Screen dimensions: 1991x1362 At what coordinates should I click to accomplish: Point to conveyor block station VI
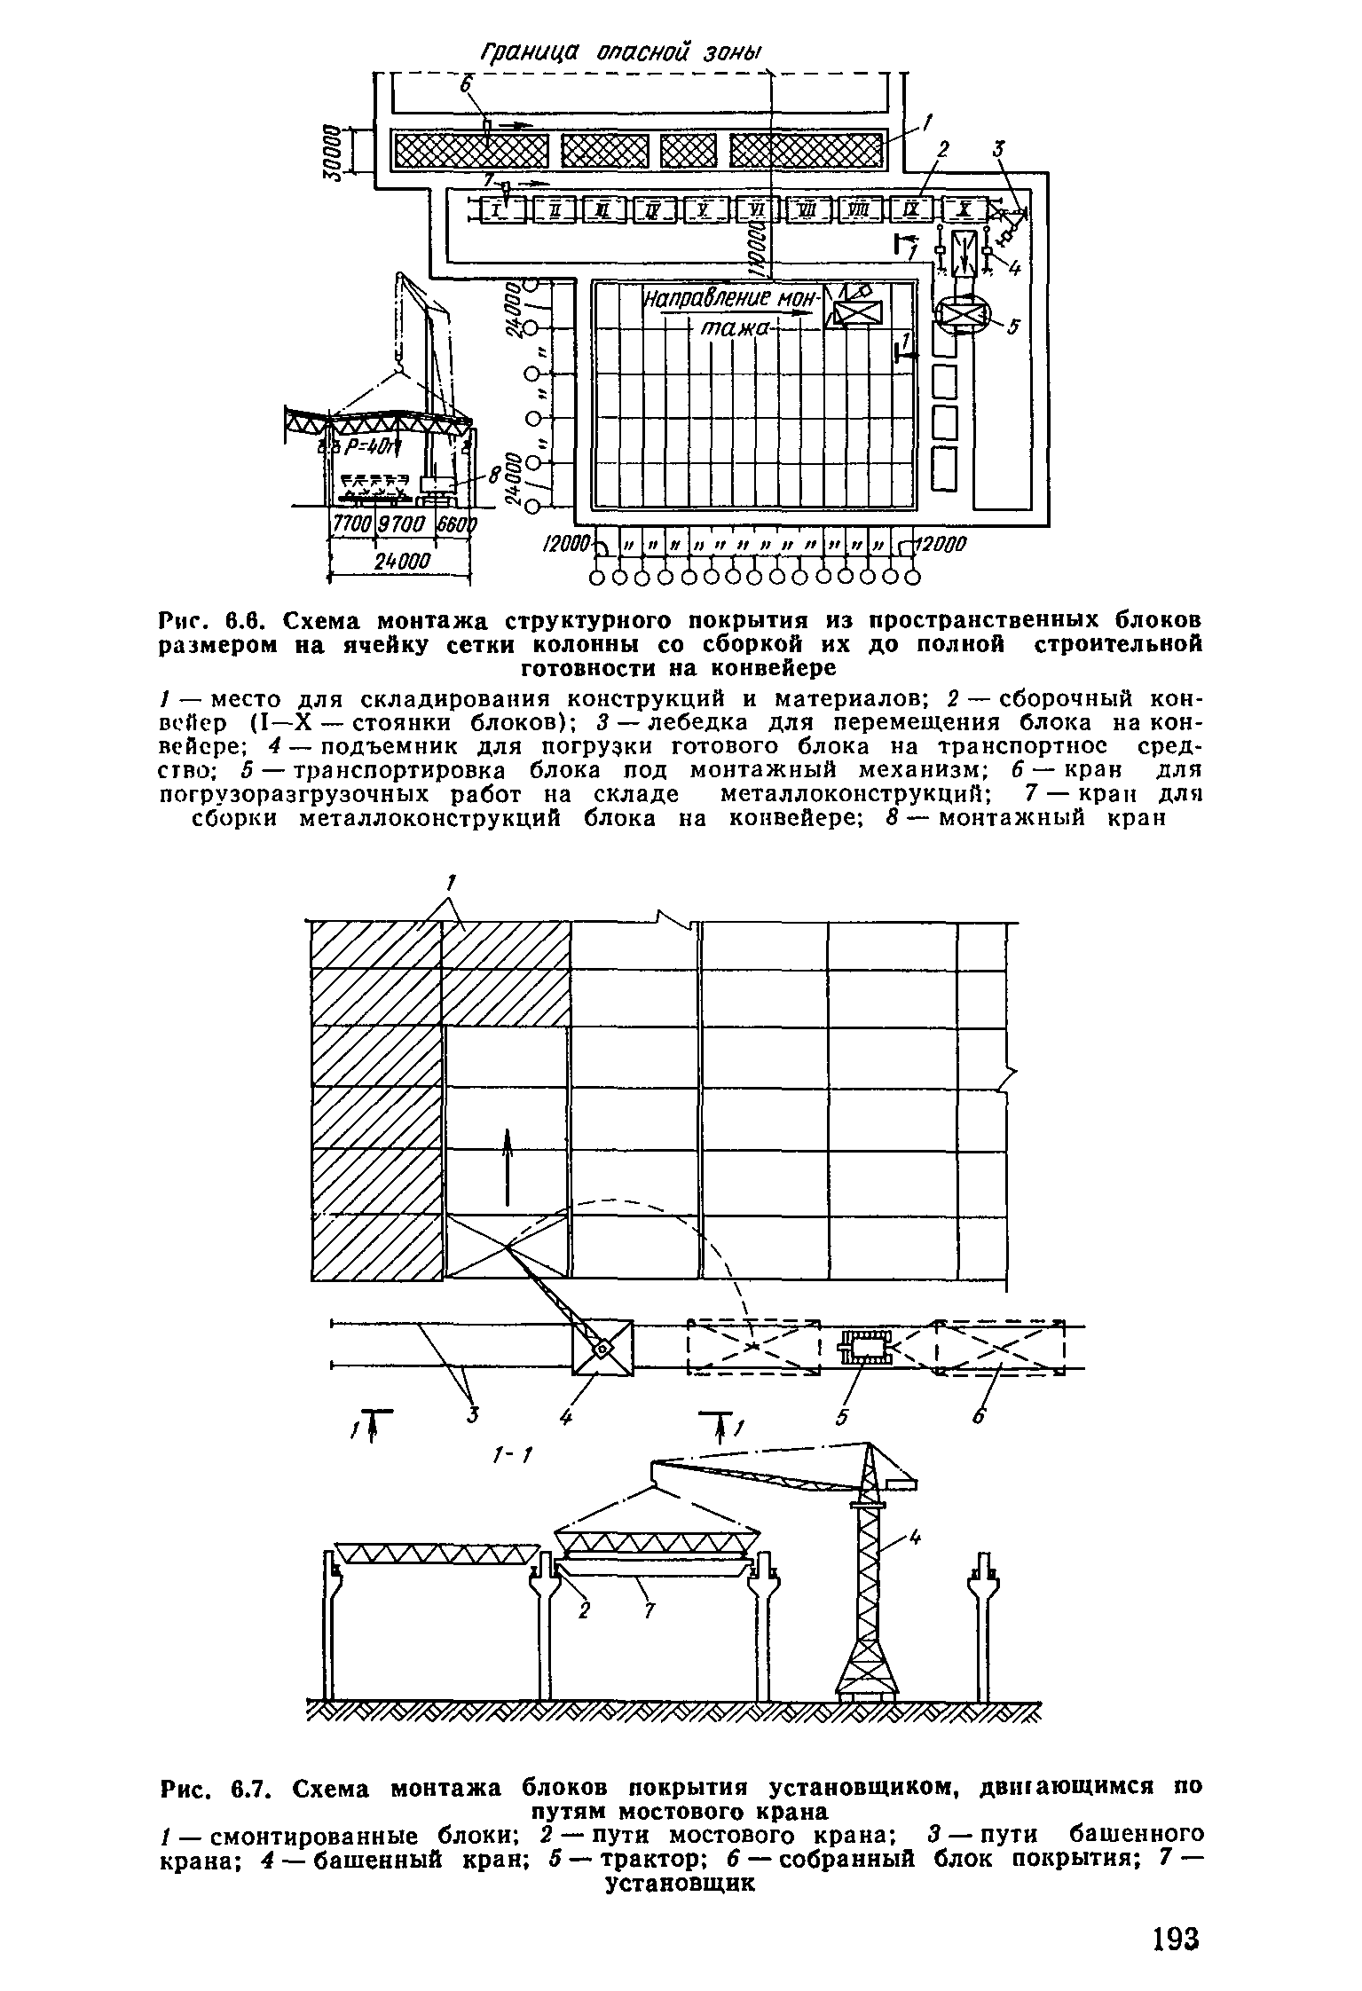pyautogui.click(x=757, y=209)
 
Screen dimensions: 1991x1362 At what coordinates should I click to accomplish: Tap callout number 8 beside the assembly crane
pyautogui.click(x=494, y=476)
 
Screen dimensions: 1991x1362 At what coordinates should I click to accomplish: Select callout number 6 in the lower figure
pyautogui.click(x=978, y=1418)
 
